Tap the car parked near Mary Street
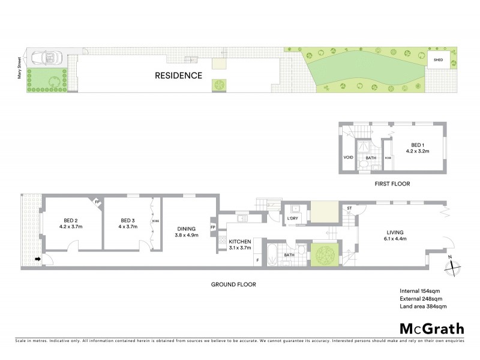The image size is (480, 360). (47, 58)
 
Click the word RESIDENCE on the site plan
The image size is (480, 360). (179, 76)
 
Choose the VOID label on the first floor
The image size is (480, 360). (348, 158)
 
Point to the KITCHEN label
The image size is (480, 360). (239, 242)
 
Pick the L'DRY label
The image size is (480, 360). (293, 218)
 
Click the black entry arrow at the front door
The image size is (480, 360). (38, 259)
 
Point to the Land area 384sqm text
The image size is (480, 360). (423, 307)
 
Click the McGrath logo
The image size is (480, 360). (431, 328)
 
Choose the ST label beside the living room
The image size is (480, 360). (349, 208)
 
